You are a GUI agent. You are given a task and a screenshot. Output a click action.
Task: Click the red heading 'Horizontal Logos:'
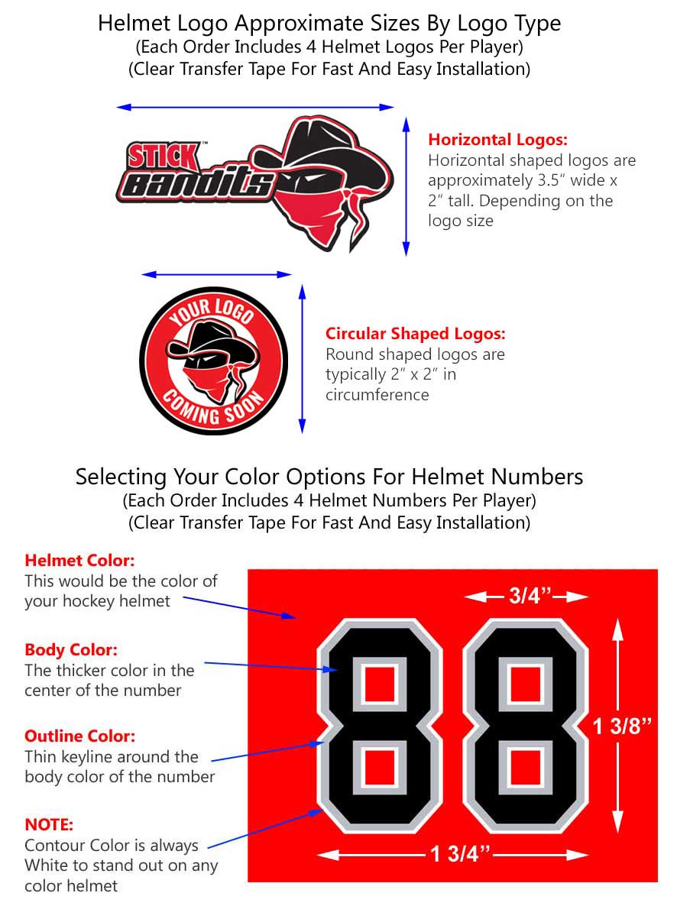[x=497, y=140]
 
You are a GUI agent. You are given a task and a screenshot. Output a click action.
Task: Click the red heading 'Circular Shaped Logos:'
[x=415, y=334]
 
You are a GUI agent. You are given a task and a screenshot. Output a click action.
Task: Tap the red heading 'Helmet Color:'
[x=79, y=560]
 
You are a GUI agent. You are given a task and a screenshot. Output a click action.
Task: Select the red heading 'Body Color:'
[x=71, y=650]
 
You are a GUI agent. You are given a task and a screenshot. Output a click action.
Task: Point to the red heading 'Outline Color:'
[x=79, y=736]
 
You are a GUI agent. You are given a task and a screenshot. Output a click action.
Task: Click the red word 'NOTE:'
[x=49, y=825]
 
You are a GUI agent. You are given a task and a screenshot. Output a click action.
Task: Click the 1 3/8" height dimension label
[x=623, y=726]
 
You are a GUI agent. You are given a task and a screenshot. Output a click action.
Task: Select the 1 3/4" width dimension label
[x=458, y=854]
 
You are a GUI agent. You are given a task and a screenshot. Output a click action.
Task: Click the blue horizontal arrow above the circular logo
[x=217, y=274]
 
